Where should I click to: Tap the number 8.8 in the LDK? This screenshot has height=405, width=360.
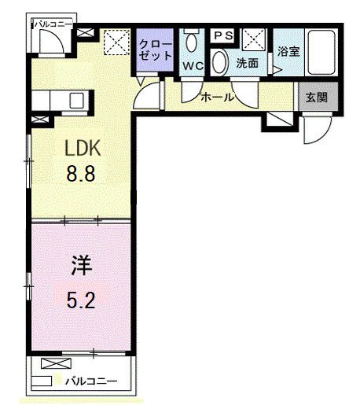(80, 174)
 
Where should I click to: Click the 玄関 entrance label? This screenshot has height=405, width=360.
(316, 98)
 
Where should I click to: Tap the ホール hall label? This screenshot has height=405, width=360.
(218, 98)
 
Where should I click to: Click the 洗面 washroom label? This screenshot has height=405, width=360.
(247, 64)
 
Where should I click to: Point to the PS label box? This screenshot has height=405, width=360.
(223, 35)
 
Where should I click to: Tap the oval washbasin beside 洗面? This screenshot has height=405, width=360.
(221, 62)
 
